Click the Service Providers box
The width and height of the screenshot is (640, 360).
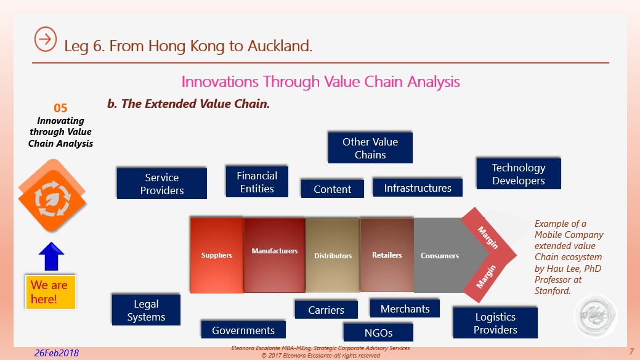(x=162, y=184)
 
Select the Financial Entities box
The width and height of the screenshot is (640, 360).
(x=257, y=182)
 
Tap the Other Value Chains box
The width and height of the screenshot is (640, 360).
(x=370, y=148)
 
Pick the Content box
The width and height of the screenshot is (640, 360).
(x=332, y=189)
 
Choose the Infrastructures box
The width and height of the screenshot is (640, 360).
(x=418, y=188)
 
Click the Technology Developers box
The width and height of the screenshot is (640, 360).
(x=518, y=174)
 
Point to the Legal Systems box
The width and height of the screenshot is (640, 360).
(x=146, y=310)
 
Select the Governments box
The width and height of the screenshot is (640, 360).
(x=243, y=330)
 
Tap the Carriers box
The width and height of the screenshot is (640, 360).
(x=326, y=310)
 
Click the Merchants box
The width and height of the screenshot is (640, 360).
(x=405, y=308)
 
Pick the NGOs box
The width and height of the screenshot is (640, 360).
(x=378, y=333)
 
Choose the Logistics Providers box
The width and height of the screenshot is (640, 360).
(x=495, y=323)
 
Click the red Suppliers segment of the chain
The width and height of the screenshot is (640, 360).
(x=217, y=255)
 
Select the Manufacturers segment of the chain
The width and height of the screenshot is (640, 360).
(x=274, y=253)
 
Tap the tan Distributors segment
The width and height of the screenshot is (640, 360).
(x=333, y=255)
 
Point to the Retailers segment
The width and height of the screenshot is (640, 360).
(x=387, y=255)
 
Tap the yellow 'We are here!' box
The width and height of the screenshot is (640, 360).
(x=50, y=292)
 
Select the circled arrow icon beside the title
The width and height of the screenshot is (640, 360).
(x=46, y=38)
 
